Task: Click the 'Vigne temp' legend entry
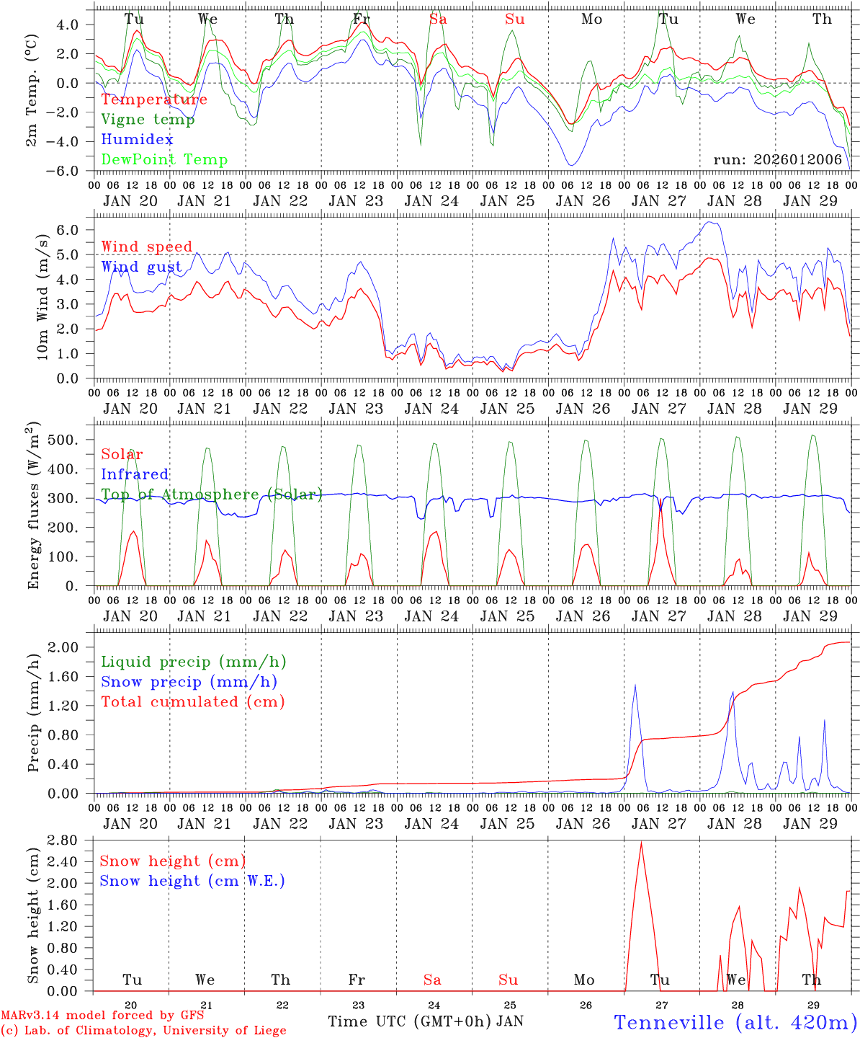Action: coord(148,120)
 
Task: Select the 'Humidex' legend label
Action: coord(137,140)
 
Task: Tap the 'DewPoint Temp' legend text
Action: coord(164,160)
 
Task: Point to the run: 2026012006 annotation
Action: coord(777,160)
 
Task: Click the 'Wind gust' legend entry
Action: coord(141,267)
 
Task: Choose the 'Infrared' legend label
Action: coord(135,474)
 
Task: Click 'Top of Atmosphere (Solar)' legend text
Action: coord(211,494)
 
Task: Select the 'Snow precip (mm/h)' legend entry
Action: coord(189,682)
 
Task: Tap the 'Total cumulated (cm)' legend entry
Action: coord(192,702)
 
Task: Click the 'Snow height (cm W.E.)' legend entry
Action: coord(192,881)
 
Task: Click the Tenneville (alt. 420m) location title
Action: coord(735,1022)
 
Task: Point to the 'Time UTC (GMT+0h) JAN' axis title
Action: coord(426,1021)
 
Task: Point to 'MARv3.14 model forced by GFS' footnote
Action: coord(102,1016)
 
